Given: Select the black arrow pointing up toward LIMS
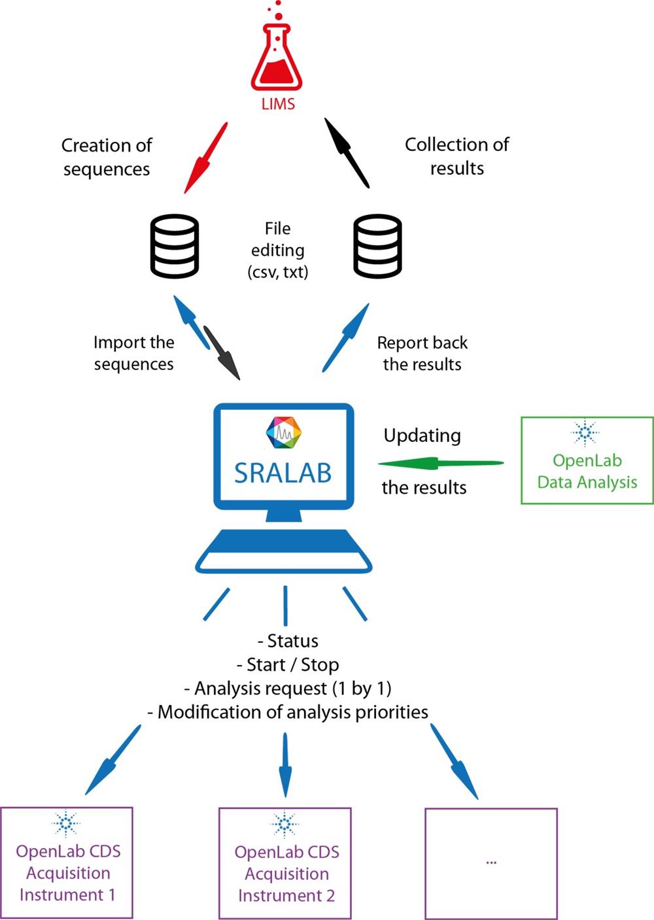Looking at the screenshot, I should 347,153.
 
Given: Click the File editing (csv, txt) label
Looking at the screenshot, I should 277,250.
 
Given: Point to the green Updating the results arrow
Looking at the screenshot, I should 441,464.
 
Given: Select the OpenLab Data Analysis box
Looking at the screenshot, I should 587,460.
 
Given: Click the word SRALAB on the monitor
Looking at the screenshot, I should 283,473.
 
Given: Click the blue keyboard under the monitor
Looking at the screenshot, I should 284,551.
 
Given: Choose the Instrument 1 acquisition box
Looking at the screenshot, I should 67,862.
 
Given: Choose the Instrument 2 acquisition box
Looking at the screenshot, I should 285,863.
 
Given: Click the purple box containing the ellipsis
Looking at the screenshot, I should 491,863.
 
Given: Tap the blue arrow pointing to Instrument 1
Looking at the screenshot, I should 112,760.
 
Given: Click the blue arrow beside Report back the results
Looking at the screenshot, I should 346,337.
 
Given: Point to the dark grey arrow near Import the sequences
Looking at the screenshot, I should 222,352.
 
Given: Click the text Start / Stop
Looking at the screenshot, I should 288,665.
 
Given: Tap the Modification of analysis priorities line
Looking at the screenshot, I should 288,712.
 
